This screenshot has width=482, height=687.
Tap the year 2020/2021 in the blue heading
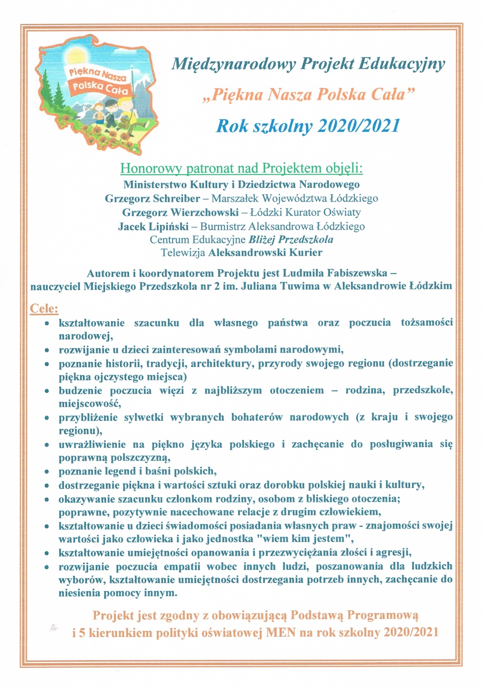tap(359, 126)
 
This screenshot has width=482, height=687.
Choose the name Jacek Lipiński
tap(153, 226)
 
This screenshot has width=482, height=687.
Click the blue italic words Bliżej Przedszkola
tap(291, 240)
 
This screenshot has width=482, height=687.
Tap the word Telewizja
tap(183, 253)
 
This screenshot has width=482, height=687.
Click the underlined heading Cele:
tap(44, 309)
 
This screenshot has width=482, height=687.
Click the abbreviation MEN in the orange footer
tap(281, 632)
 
